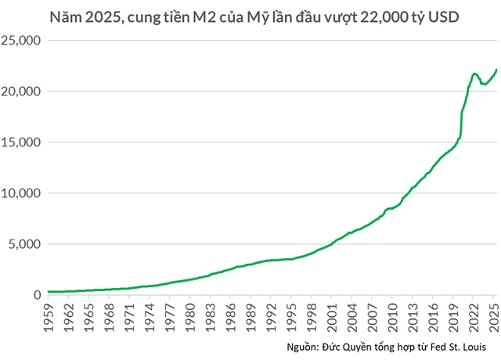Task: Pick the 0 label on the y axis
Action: click(36, 295)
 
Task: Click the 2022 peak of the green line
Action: click(475, 74)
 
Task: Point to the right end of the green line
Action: click(496, 70)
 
